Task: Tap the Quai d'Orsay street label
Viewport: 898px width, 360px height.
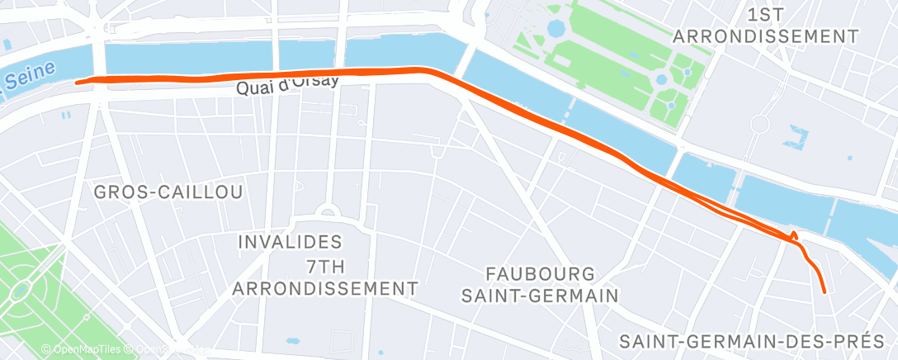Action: pyautogui.click(x=286, y=86)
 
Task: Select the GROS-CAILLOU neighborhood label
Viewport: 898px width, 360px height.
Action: pyautogui.click(x=168, y=192)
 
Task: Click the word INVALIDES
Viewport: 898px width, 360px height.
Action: pyautogui.click(x=289, y=242)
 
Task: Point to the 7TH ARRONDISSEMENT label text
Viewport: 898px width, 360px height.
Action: pyautogui.click(x=324, y=277)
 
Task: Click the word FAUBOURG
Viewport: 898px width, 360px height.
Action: pyautogui.click(x=541, y=272)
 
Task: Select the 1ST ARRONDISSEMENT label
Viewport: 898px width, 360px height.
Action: pyautogui.click(x=766, y=26)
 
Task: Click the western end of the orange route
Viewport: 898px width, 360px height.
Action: pyautogui.click(x=77, y=82)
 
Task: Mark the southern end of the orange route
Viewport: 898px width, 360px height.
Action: pyautogui.click(x=825, y=291)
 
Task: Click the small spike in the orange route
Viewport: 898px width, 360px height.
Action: pyautogui.click(x=794, y=234)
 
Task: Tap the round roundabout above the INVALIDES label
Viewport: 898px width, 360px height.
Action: pyautogui.click(x=327, y=213)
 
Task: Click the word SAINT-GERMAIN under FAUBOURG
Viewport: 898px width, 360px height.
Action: pyautogui.click(x=541, y=296)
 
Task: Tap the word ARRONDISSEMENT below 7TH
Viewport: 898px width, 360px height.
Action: pyautogui.click(x=324, y=288)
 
